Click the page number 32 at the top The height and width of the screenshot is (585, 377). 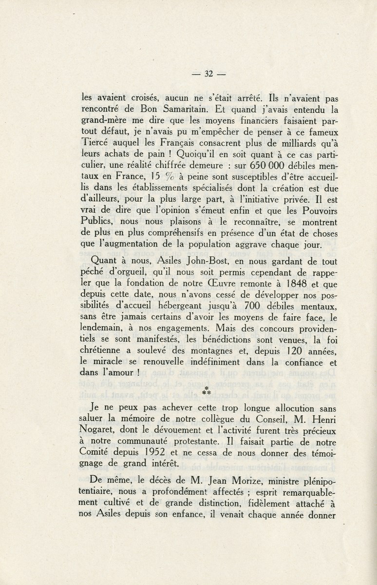209,74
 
